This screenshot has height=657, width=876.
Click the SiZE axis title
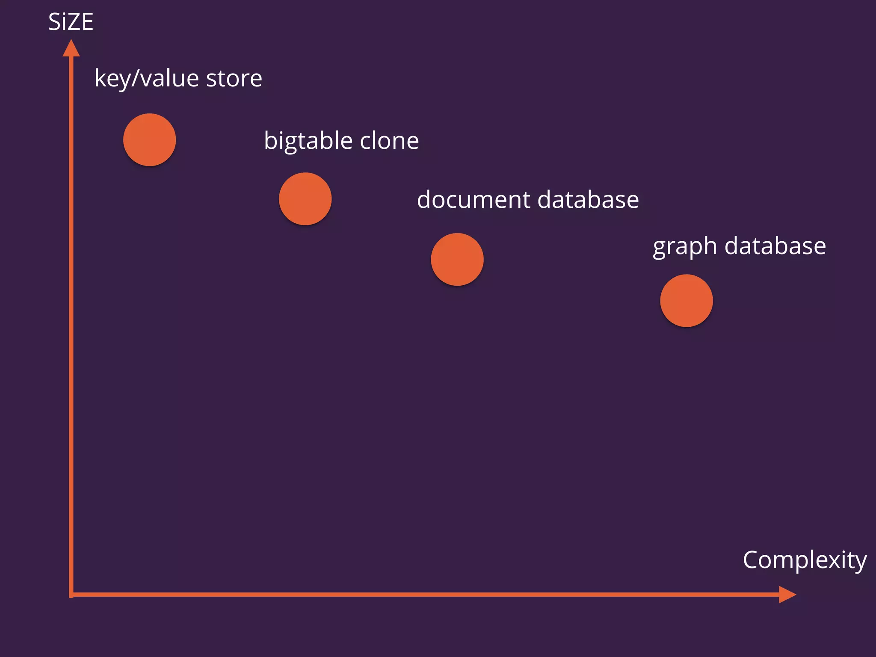[x=71, y=22]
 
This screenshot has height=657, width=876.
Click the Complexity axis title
[x=805, y=560]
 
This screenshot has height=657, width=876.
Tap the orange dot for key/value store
[x=150, y=140]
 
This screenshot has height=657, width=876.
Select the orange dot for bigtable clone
[x=305, y=199]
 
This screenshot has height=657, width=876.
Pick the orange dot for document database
[x=457, y=260]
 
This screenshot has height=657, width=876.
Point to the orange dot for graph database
[x=687, y=301]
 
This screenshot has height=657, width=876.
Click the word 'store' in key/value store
[x=234, y=78]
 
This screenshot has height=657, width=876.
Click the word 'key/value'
[x=147, y=79]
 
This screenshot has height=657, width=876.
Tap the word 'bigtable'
[x=308, y=141]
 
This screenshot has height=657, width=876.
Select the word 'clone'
[x=389, y=141]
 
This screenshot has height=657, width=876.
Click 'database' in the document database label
[x=588, y=200]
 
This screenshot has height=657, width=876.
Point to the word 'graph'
[x=685, y=247]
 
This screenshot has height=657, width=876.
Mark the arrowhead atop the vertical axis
[x=71, y=48]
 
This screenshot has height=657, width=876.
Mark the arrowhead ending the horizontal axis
[x=787, y=595]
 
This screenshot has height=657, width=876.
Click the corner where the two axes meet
[x=71, y=595]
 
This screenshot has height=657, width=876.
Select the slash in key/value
[x=136, y=78]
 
